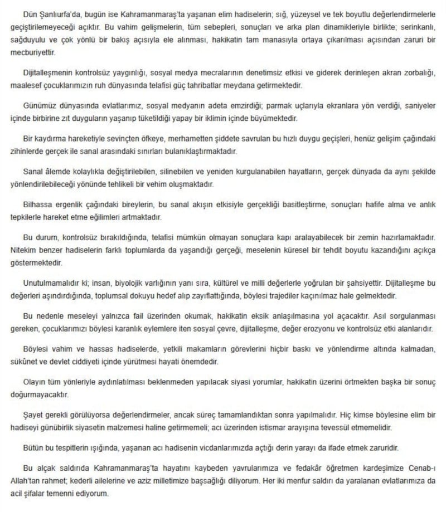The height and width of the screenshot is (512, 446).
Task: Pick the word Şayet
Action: tap(33, 419)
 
